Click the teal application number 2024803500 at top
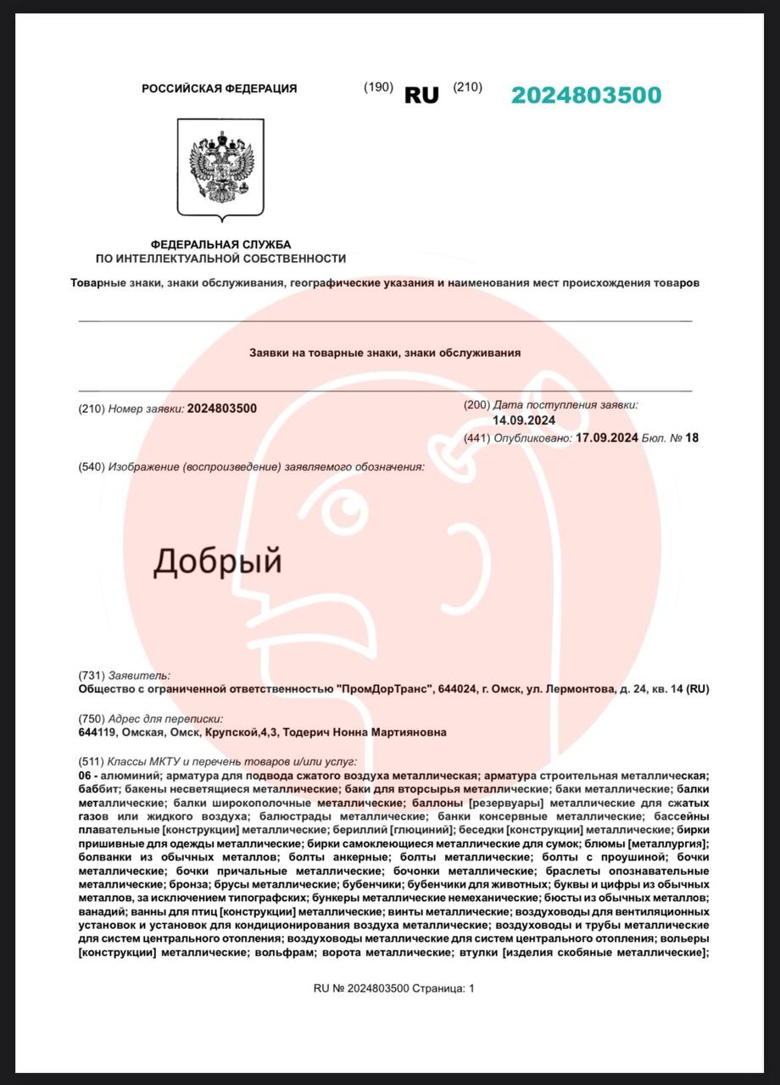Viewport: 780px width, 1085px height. (586, 95)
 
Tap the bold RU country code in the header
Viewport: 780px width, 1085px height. (421, 96)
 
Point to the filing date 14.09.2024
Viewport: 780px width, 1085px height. (524, 420)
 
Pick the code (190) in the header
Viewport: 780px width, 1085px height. (378, 87)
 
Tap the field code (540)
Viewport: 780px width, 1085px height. (91, 467)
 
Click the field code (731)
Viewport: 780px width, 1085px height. (91, 676)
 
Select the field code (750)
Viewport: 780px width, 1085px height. (91, 718)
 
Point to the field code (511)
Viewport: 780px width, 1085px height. (91, 762)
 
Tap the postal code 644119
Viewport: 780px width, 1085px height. (97, 732)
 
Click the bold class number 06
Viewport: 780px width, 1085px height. (86, 776)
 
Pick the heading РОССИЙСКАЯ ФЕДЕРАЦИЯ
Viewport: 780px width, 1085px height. (219, 88)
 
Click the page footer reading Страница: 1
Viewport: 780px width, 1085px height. (444, 988)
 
